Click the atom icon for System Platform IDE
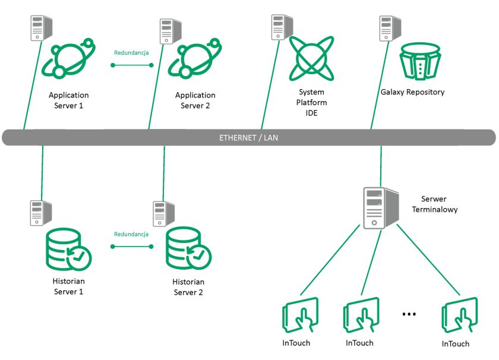point(311,58)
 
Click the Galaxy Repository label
point(412,92)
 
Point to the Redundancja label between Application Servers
point(131,52)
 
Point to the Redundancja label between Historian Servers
point(131,234)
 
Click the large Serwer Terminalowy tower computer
point(381,207)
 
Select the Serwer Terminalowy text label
point(434,204)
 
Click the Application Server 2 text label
point(195,100)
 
